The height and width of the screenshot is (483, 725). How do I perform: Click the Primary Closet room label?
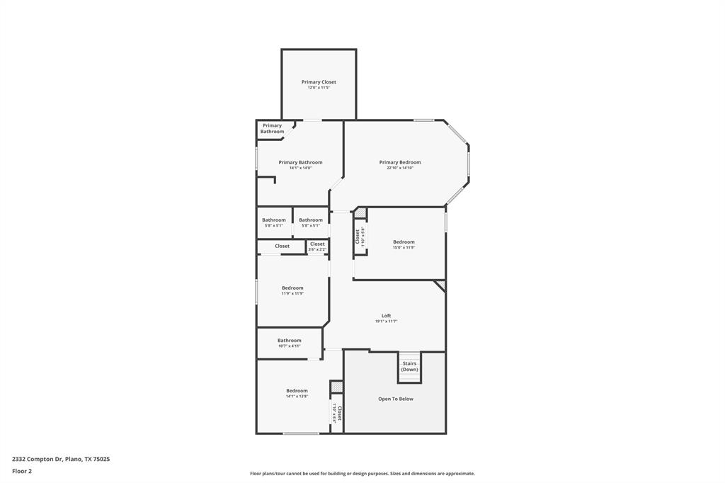pyautogui.click(x=319, y=82)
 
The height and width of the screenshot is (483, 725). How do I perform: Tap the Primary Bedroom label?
pyautogui.click(x=399, y=162)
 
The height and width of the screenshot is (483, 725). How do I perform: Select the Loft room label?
pyautogui.click(x=386, y=316)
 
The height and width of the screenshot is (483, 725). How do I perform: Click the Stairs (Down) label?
pyautogui.click(x=409, y=366)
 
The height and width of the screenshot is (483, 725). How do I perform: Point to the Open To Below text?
pyautogui.click(x=395, y=399)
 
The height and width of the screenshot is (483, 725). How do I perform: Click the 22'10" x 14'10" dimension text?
pyautogui.click(x=399, y=168)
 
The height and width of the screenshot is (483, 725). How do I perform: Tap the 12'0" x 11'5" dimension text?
pyautogui.click(x=319, y=88)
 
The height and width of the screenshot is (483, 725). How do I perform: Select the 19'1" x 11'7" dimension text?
pyautogui.click(x=386, y=322)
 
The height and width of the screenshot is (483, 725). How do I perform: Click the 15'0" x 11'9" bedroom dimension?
pyautogui.click(x=404, y=248)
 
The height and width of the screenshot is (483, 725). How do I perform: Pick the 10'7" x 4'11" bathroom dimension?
pyautogui.click(x=289, y=346)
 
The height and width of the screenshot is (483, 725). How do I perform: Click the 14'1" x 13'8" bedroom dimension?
pyautogui.click(x=297, y=397)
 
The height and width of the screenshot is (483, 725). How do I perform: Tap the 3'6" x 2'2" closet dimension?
pyautogui.click(x=317, y=249)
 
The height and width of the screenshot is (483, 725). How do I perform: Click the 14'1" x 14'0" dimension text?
pyautogui.click(x=300, y=168)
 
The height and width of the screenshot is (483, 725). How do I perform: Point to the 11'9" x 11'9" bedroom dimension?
pyautogui.click(x=292, y=293)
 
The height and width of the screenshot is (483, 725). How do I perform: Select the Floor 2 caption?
pyautogui.click(x=22, y=471)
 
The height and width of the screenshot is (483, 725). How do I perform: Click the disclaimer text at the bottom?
pyautogui.click(x=362, y=474)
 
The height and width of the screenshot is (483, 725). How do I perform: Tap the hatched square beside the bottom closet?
pyautogui.click(x=336, y=387)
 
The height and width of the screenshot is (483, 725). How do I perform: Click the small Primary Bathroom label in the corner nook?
pyautogui.click(x=272, y=128)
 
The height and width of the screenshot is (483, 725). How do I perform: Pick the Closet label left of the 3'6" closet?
pyautogui.click(x=282, y=246)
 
